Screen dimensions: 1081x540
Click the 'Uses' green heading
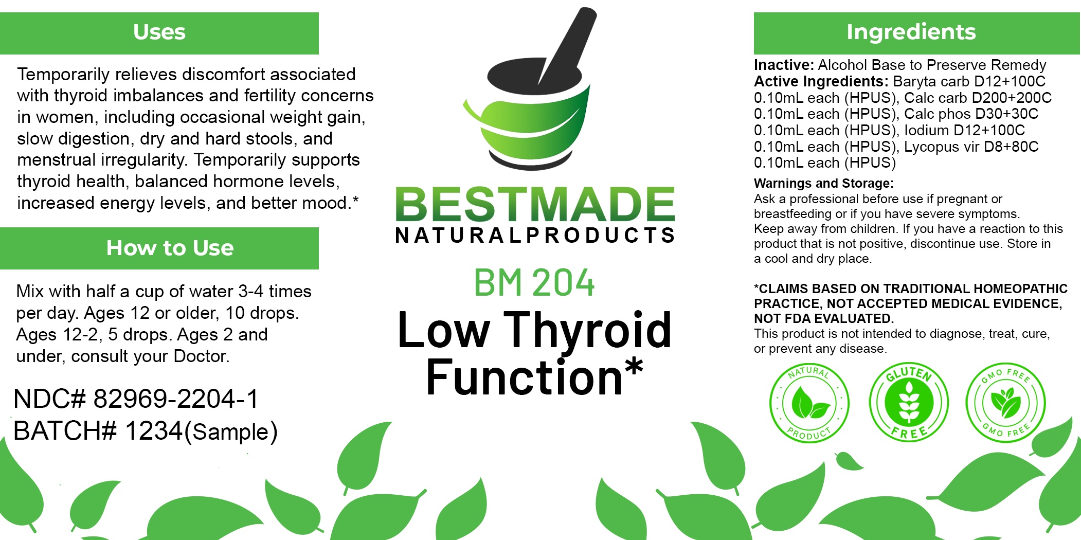pos(159,32)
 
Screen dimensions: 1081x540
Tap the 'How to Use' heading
pos(170,248)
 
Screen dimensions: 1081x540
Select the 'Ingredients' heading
pos(911,32)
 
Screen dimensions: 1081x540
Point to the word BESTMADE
pos(535,204)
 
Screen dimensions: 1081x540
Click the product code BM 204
pos(534,283)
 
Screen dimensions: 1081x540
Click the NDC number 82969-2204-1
pos(176,399)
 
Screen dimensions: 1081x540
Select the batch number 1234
pos(154,430)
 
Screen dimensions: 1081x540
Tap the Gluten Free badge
pos(908,402)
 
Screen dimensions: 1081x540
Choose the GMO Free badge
pos(1005,403)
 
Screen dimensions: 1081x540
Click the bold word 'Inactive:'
pos(784,65)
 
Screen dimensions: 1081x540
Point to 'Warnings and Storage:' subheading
pos(824,184)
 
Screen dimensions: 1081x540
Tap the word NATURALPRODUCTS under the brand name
pos(535,235)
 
